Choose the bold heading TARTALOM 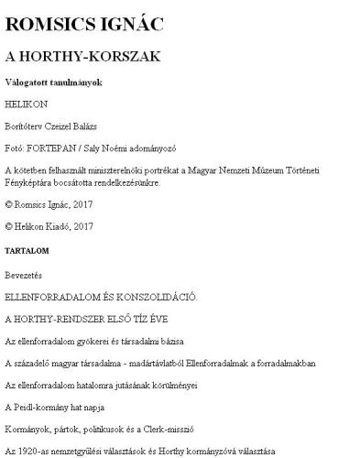pyautogui.click(x=27, y=249)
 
